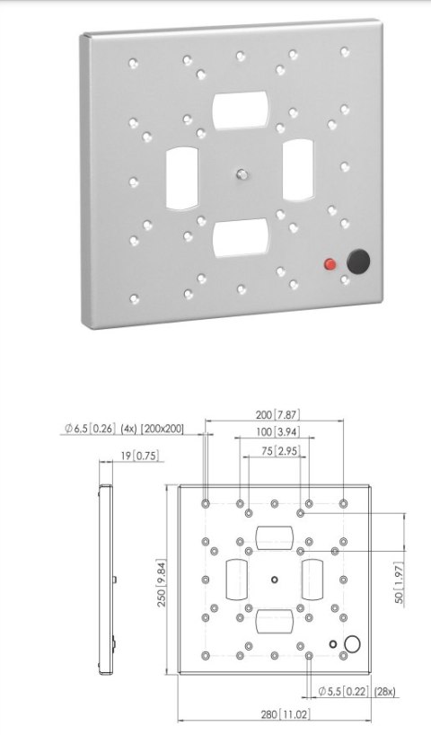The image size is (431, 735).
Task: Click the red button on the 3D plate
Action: [x=330, y=264]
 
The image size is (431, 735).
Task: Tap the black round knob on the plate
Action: [x=358, y=261]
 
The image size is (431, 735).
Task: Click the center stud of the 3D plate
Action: [x=241, y=173]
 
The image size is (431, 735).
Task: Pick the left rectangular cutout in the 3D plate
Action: [x=181, y=174]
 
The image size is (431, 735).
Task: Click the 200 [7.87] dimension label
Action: [x=276, y=415]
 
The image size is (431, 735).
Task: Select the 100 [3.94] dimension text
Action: [x=276, y=433]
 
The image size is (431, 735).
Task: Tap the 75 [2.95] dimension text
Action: [x=276, y=450]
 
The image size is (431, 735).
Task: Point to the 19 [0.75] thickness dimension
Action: [x=136, y=456]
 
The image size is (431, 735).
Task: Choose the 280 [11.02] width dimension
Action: [x=276, y=714]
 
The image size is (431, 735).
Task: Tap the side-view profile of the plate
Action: [x=107, y=580]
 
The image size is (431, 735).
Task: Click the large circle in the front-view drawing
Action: [x=352, y=643]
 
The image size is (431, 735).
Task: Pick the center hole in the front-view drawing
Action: [x=275, y=578]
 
